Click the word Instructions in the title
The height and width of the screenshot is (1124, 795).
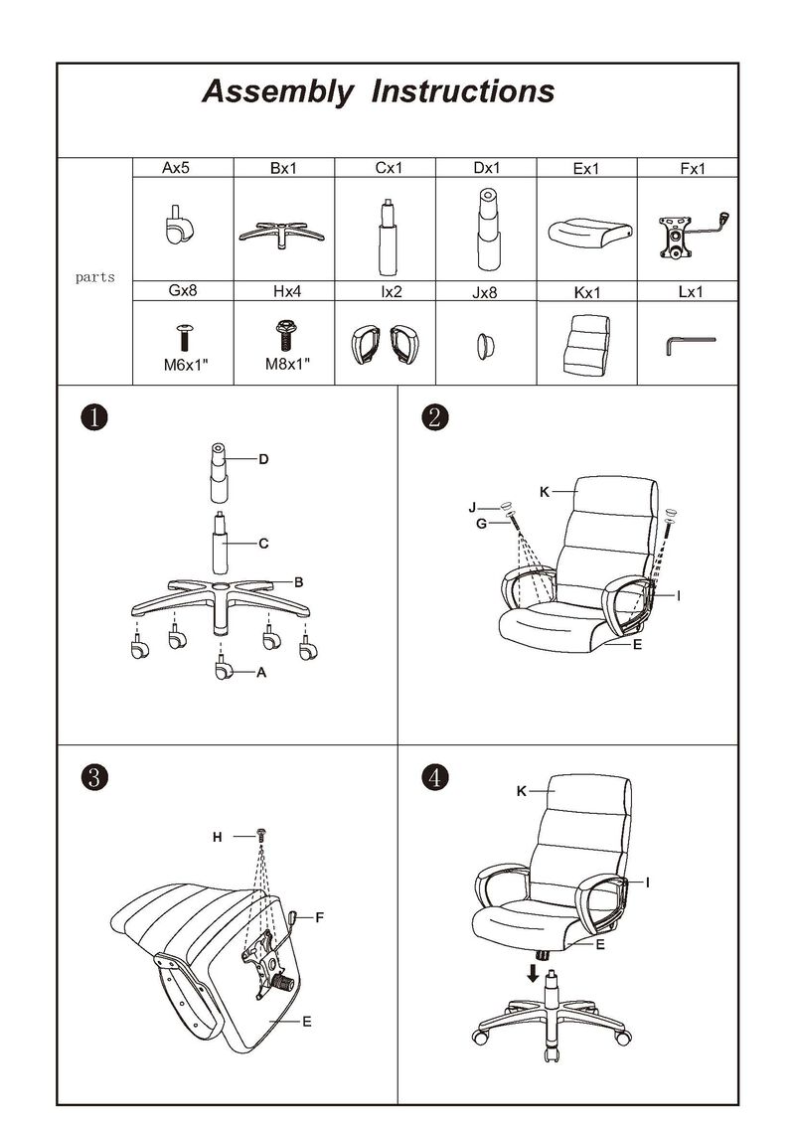tap(463, 91)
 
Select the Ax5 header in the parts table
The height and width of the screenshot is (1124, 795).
tap(176, 168)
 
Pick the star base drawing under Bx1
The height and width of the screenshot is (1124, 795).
tap(283, 235)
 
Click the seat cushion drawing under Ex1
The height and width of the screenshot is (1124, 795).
tap(590, 233)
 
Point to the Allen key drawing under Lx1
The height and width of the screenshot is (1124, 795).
tap(691, 346)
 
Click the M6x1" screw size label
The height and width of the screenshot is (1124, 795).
tap(185, 366)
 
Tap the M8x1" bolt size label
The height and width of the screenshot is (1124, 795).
tap(287, 364)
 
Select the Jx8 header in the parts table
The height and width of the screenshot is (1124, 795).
tap(485, 292)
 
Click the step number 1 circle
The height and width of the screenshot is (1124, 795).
tap(94, 417)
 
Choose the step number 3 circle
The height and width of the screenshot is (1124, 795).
tap(94, 777)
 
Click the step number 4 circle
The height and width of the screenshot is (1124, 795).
tap(435, 777)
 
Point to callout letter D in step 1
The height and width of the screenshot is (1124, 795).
tap(263, 459)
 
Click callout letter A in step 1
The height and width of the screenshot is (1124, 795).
tap(261, 673)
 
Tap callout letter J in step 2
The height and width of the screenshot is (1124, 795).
tap(472, 508)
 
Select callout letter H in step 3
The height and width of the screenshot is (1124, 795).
tap(218, 837)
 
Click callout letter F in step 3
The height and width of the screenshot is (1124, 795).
tap(320, 917)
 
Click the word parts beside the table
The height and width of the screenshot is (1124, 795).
tap(95, 277)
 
